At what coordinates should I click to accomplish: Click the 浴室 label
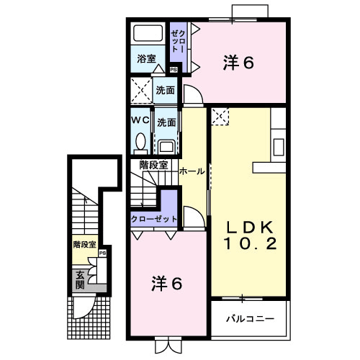pyautogui.click(x=146, y=59)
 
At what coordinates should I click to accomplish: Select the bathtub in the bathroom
pyautogui.click(x=149, y=34)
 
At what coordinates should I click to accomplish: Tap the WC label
pyautogui.click(x=140, y=120)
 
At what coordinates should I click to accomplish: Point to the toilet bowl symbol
pyautogui.click(x=140, y=140)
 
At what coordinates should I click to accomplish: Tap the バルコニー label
pyautogui.click(x=248, y=318)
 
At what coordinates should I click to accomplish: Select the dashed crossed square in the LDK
pyautogui.click(x=220, y=115)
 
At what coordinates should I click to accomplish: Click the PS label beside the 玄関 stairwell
pyautogui.click(x=102, y=253)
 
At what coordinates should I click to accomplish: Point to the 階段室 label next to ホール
pyautogui.click(x=153, y=164)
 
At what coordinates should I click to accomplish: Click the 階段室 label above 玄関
pyautogui.click(x=84, y=245)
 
